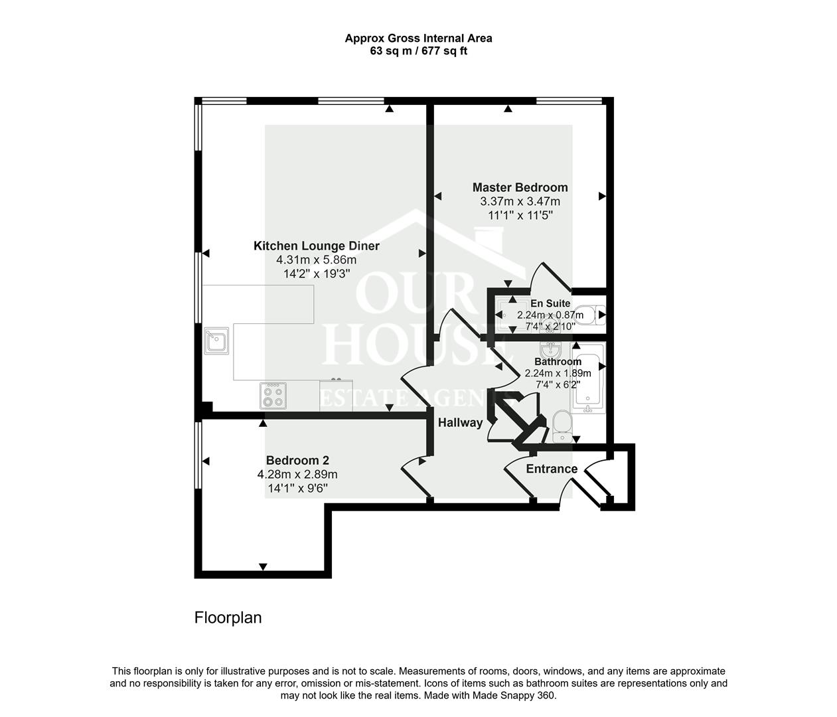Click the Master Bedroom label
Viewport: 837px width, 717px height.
[520, 187]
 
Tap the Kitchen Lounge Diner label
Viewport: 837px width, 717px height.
[316, 246]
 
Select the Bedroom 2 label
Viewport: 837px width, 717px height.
[297, 460]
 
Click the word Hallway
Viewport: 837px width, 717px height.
[460, 422]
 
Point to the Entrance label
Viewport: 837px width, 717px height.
[551, 469]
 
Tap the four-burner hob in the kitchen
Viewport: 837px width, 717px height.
[273, 396]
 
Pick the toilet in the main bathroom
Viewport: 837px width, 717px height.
[562, 426]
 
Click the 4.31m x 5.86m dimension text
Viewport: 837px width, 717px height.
[316, 260]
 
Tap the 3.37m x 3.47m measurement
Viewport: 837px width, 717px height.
[520, 201]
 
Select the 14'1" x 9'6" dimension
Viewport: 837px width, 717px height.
[297, 489]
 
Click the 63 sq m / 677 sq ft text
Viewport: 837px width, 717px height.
[418, 51]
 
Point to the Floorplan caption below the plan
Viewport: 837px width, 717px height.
[228, 617]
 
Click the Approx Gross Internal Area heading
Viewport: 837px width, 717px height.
[418, 38]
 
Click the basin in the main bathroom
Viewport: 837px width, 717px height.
[550, 349]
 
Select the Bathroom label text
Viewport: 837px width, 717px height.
[558, 362]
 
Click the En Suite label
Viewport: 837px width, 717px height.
[550, 303]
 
